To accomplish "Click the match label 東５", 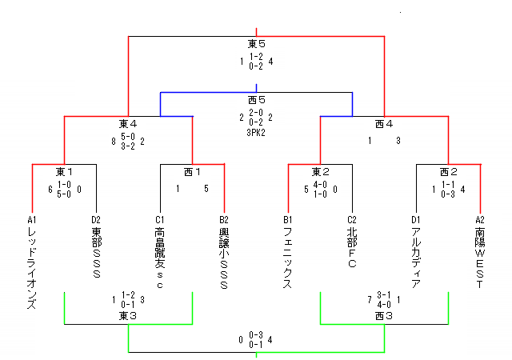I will (x=256, y=44).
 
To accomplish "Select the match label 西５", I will (x=256, y=100).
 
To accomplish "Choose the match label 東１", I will (x=64, y=172).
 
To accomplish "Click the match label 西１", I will (x=192, y=172).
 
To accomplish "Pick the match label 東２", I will (x=320, y=172).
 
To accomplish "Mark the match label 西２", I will (x=448, y=172).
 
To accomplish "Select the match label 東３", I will (x=128, y=316).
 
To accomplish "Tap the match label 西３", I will (x=384, y=316).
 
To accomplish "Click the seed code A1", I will (x=32, y=220).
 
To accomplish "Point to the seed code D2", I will (x=96, y=220).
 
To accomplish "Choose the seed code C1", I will (x=160, y=220).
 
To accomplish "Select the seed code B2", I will (x=224, y=220).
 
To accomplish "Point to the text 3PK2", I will (x=256, y=132).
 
